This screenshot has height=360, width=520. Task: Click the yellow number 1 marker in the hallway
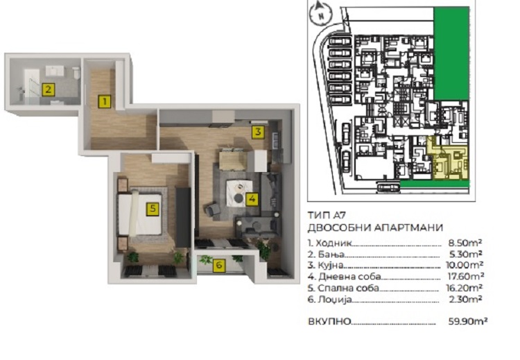point(105,101)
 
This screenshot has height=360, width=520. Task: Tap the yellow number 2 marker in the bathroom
point(49,89)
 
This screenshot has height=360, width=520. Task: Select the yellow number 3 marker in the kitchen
point(258,132)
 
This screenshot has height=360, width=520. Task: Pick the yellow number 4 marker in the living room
point(252,199)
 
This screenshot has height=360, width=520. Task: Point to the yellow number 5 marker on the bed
point(153,209)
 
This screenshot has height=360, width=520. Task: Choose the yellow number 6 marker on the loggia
point(219,265)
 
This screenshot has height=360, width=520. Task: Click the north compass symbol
point(321,13)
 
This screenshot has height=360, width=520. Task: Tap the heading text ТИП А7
point(327,215)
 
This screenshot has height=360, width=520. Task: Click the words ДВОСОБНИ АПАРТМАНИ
point(375,228)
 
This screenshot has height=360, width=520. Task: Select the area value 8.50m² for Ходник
point(465,243)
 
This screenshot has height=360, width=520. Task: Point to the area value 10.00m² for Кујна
point(465,265)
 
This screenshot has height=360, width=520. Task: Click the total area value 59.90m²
point(467,321)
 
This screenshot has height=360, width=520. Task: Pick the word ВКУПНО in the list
point(329,322)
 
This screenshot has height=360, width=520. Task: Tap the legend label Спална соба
point(347,288)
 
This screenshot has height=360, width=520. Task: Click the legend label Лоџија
point(334,300)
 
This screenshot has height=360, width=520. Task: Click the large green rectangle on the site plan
point(451,53)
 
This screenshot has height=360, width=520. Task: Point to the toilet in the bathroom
point(76,73)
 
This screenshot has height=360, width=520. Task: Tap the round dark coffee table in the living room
point(238,198)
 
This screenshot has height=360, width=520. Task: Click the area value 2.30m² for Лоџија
point(465,299)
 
